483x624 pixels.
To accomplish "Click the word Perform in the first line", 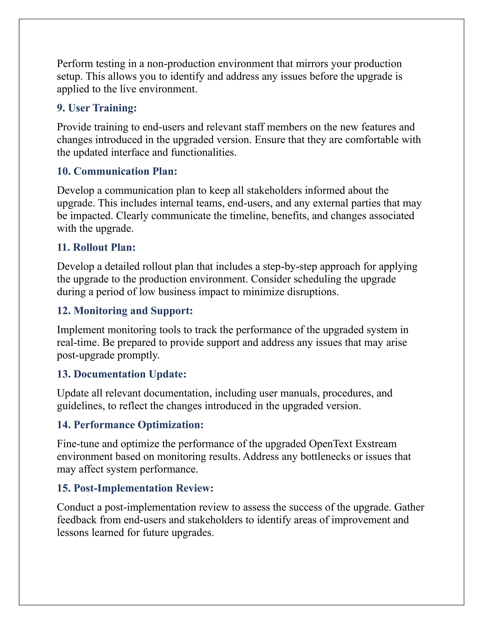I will [75, 64].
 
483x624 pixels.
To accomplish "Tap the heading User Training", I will [102, 108].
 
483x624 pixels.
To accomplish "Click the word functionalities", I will [204, 153].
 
